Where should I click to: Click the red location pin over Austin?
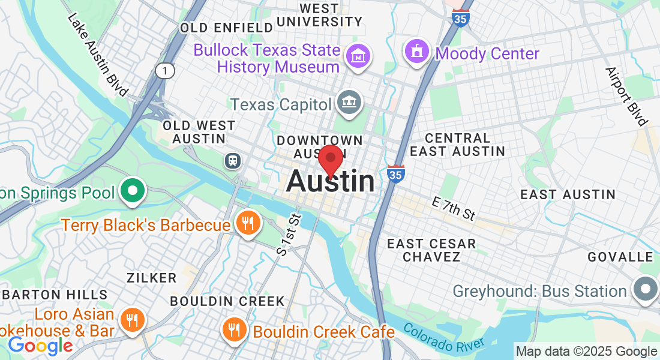click(330, 160)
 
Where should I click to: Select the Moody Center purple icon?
click(416, 52)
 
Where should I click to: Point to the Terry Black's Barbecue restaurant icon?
click(247, 223)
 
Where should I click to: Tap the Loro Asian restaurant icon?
click(131, 319)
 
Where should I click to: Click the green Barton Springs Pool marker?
click(133, 191)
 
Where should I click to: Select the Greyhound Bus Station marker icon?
click(644, 290)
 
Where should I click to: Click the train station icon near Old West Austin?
click(232, 160)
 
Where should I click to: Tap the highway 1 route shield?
click(165, 71)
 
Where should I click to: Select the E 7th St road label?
click(453, 208)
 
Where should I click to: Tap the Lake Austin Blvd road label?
click(98, 54)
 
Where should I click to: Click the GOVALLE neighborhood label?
click(620, 257)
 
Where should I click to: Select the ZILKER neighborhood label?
click(152, 278)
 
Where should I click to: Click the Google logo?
click(40, 346)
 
